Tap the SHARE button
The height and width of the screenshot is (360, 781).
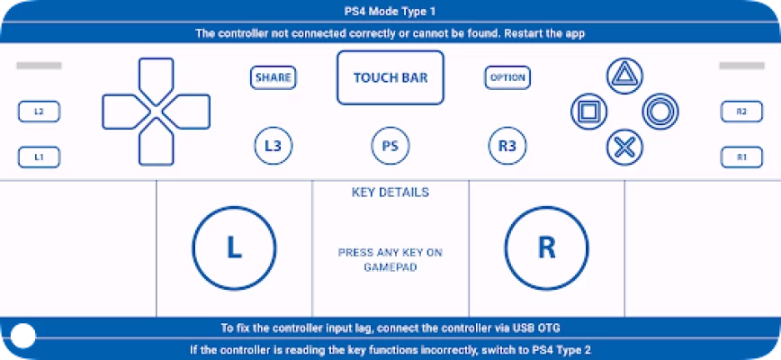(273, 77)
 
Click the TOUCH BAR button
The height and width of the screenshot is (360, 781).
(390, 77)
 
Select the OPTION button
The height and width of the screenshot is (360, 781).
(507, 77)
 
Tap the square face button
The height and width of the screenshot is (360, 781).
(588, 112)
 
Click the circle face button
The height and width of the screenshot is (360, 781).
(660, 112)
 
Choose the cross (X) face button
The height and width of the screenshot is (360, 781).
(624, 148)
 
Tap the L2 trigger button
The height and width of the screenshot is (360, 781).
(39, 112)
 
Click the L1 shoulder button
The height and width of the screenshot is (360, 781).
(39, 157)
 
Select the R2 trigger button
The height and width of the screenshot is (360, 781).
(741, 112)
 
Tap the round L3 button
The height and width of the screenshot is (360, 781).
(273, 146)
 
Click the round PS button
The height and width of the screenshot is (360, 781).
(390, 146)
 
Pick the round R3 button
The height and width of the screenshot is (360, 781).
(507, 146)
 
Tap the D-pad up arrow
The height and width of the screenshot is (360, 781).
(156, 80)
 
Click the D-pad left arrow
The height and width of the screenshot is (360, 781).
(124, 112)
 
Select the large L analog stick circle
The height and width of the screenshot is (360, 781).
(234, 248)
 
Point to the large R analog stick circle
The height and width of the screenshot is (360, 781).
(546, 248)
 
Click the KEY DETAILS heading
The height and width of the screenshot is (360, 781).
(390, 193)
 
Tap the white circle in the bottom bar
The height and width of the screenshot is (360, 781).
(22, 336)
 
